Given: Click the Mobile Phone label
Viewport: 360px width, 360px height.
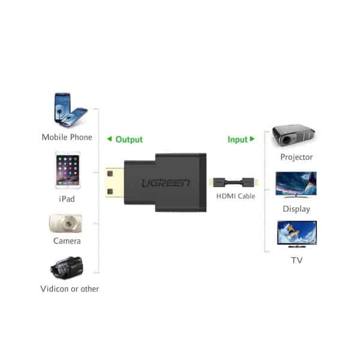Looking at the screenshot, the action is tap(67, 137).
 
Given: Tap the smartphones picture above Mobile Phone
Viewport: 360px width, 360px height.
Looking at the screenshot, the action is tap(71, 110).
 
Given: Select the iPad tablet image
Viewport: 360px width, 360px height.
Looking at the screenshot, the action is tap(68, 170).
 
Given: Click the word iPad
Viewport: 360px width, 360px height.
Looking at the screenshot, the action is tap(67, 199).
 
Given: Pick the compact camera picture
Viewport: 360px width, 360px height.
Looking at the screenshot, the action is tap(65, 223).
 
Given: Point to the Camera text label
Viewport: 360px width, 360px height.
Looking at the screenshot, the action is tap(67, 241).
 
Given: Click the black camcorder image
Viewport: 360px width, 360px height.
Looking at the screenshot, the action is tap(67, 267).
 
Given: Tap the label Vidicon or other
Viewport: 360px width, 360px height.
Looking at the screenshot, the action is tap(70, 289).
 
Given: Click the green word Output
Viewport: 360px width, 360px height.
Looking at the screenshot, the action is tap(129, 140).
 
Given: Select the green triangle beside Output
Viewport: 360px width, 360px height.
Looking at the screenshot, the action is tap(110, 139).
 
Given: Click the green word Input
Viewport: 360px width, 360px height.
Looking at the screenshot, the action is tap(238, 140).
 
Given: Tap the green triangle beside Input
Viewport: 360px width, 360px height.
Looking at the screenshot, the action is tap(252, 139).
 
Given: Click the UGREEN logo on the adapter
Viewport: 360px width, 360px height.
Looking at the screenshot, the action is tap(166, 183).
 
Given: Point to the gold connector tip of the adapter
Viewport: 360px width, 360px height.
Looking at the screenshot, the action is tap(115, 182).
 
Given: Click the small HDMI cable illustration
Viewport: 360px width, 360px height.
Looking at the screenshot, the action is tap(234, 182).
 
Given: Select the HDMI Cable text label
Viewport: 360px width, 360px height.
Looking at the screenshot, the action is tap(236, 196).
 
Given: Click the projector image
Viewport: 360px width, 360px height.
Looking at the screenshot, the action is tap(293, 136).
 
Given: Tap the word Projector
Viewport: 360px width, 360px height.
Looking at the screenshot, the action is tap(296, 157).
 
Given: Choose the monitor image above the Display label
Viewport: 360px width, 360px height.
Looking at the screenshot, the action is tap(296, 185).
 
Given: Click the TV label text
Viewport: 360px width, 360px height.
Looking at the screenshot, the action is tap(296, 260).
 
